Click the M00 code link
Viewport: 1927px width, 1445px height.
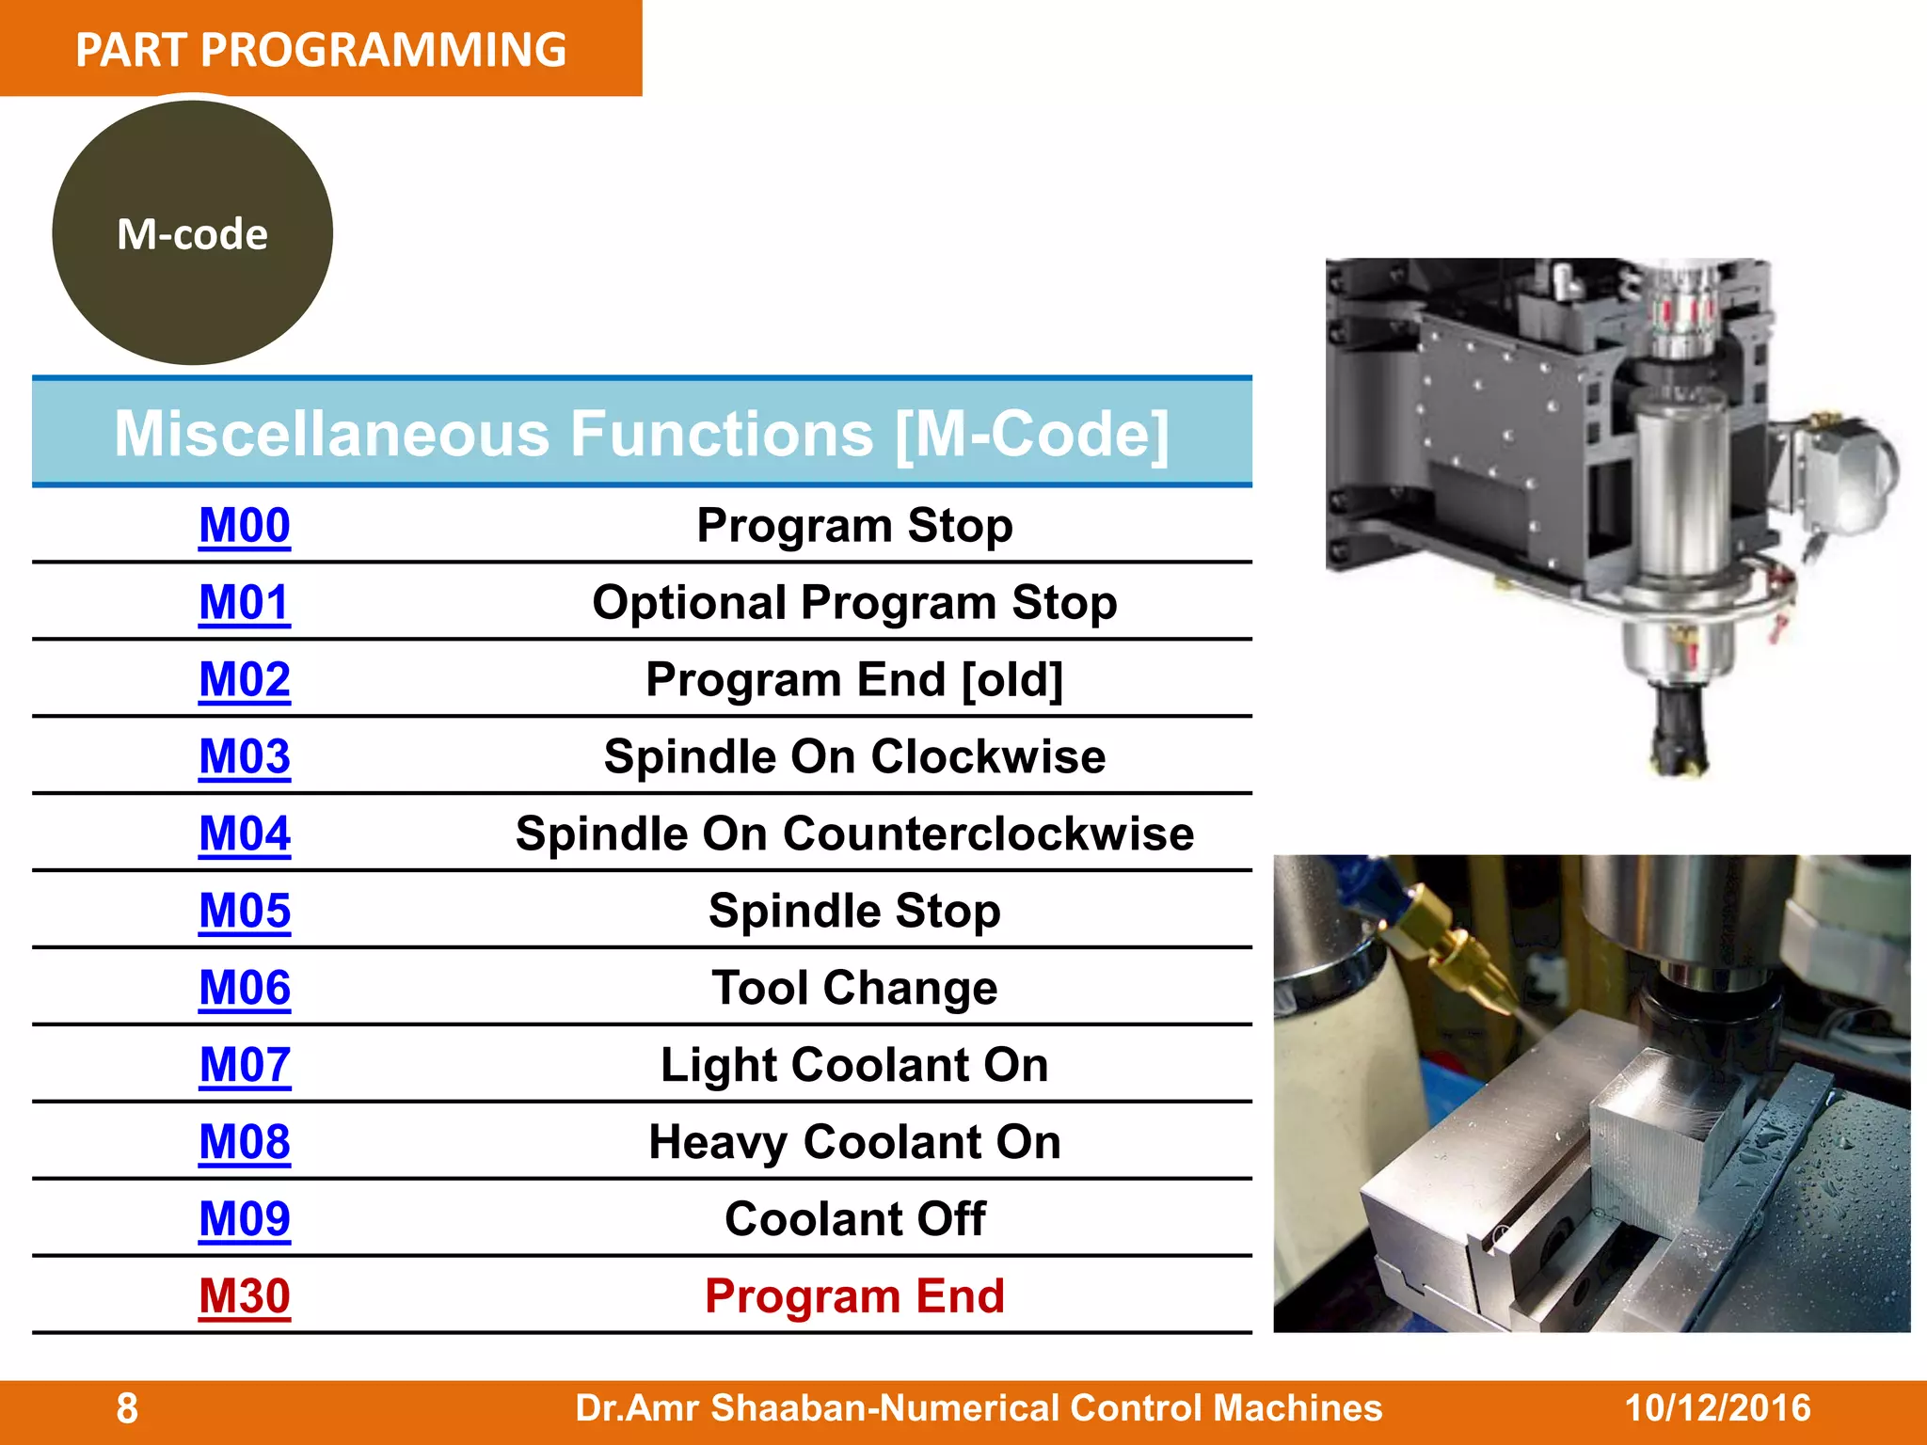(245, 525)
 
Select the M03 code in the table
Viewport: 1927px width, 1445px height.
(245, 756)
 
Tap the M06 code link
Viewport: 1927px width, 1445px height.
(245, 988)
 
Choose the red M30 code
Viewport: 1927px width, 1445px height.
(245, 1296)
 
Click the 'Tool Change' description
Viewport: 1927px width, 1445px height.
(854, 988)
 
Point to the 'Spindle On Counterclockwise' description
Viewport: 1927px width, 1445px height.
(854, 834)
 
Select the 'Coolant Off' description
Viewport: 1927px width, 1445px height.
(854, 1219)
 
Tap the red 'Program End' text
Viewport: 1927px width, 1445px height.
(854, 1296)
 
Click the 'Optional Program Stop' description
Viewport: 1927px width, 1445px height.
(854, 602)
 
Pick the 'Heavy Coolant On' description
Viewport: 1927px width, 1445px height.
(854, 1142)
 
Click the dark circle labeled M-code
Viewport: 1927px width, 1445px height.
(193, 233)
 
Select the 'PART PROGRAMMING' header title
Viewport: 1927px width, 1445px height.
(321, 49)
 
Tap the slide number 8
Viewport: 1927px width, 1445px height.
(127, 1409)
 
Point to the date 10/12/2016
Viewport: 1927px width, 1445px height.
(1717, 1408)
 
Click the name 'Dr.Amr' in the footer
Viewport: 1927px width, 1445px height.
(639, 1408)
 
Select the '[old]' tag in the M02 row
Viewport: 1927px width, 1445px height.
(1012, 679)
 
